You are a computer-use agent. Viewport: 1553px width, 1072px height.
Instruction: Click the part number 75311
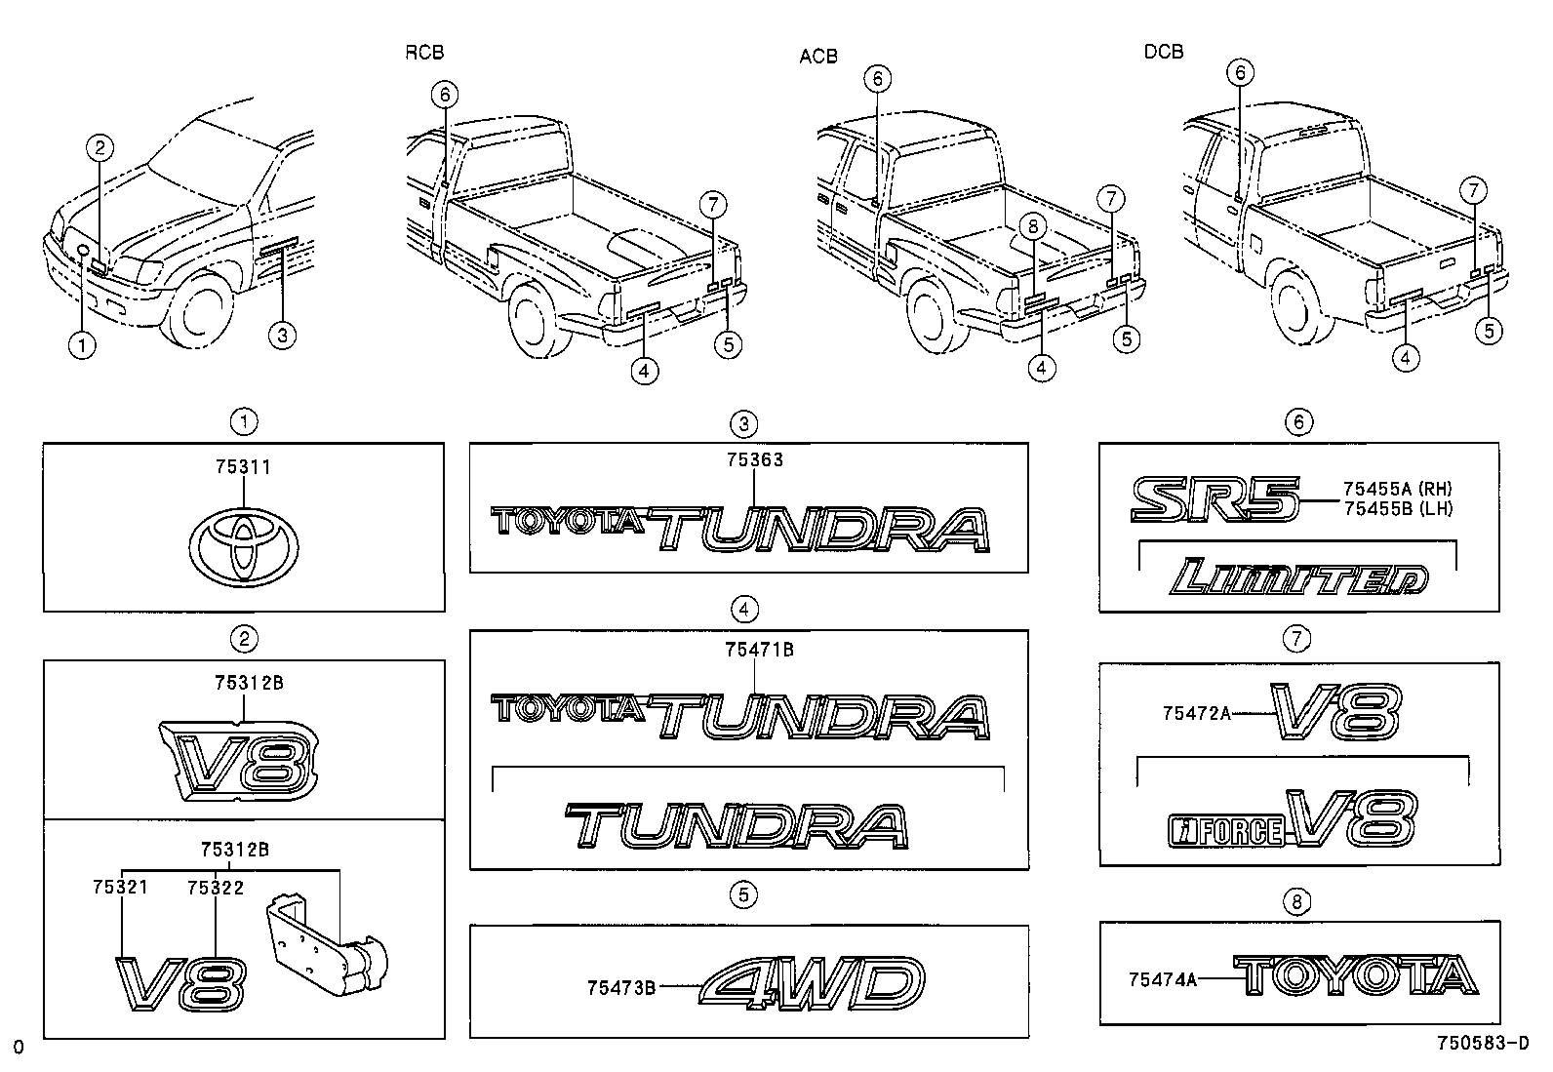(x=243, y=467)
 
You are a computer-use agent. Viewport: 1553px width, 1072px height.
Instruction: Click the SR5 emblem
(x=1215, y=499)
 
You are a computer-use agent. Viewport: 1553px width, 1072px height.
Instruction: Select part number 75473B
(x=620, y=987)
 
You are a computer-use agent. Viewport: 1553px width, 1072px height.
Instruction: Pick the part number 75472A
(x=1196, y=714)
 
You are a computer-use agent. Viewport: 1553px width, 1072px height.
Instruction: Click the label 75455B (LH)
(x=1397, y=508)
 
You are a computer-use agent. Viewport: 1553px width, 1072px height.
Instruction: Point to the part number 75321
(x=120, y=888)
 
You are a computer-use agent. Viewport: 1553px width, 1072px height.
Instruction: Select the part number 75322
(x=216, y=888)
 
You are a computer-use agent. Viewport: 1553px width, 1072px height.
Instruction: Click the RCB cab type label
(x=424, y=53)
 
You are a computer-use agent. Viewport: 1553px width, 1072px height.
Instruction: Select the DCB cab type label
(x=1164, y=52)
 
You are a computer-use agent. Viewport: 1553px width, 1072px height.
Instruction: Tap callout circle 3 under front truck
(x=281, y=335)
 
